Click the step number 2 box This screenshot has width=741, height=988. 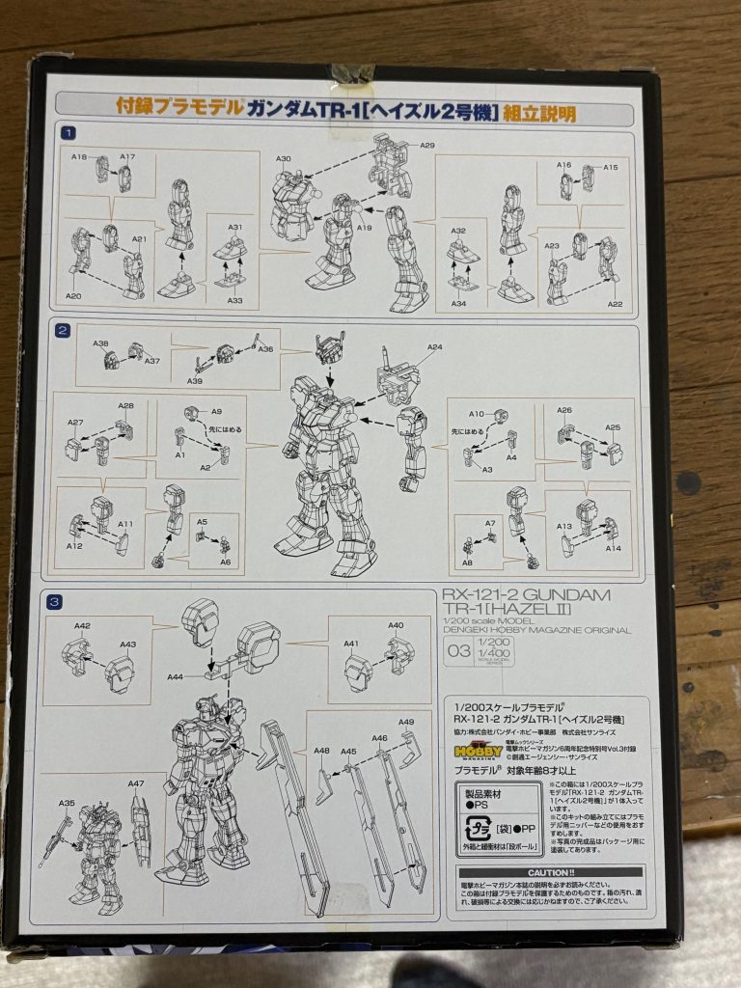click(63, 330)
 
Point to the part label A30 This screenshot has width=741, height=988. click(284, 158)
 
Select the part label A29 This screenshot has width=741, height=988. click(427, 145)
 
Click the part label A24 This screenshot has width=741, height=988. click(434, 347)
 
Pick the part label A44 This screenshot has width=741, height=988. click(175, 677)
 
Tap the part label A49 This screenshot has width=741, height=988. click(406, 723)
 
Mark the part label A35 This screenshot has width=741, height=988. click(67, 803)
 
